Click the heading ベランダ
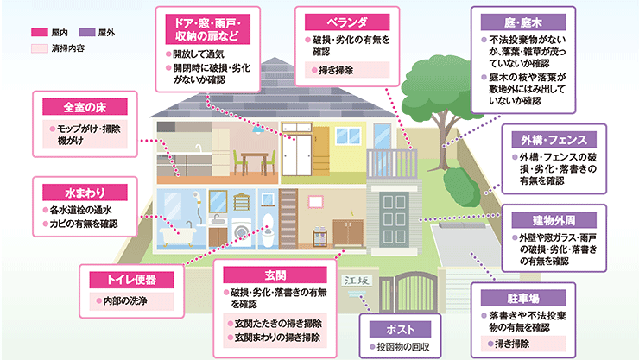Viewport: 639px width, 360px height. (347, 22)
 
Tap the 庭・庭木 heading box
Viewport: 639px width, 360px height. (522, 22)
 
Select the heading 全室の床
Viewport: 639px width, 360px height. (85, 107)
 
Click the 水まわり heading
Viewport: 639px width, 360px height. (85, 193)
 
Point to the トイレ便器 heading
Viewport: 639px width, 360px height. (131, 280)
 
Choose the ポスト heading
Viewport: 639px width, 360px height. (400, 329)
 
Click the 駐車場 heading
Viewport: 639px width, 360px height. (522, 298)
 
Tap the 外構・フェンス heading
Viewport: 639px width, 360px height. (554, 140)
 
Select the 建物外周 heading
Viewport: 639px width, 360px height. (554, 220)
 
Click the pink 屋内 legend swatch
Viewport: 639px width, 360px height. (40, 32)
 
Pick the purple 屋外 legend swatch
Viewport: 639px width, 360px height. (87, 32)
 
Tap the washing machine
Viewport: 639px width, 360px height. (241, 232)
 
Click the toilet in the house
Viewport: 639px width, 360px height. (268, 231)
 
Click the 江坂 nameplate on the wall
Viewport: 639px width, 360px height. (357, 281)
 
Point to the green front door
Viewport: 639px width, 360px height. (394, 219)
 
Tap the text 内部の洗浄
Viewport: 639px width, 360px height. (125, 301)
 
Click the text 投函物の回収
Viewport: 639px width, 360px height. (403, 347)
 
